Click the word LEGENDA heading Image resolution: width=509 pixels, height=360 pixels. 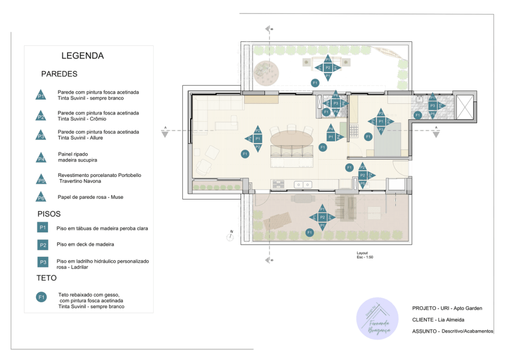(83, 56)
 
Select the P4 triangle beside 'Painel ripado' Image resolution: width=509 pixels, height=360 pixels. (41, 159)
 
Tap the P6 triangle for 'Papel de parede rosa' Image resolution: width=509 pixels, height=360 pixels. (41, 197)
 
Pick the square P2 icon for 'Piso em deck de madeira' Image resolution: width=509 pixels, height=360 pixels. (43, 245)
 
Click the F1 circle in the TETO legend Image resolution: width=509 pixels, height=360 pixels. (42, 297)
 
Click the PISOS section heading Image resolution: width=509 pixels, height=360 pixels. (49, 214)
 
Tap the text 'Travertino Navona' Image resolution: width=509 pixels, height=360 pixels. (81, 181)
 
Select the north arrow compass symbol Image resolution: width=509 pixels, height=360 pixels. (230, 237)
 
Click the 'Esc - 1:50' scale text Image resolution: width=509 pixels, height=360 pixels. (364, 258)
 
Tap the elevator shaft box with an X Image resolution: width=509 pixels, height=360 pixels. (466, 105)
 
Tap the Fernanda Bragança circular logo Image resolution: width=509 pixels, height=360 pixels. (377, 319)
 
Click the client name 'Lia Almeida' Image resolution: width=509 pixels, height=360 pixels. (451, 320)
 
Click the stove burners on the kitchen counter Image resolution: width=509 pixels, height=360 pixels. (279, 184)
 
